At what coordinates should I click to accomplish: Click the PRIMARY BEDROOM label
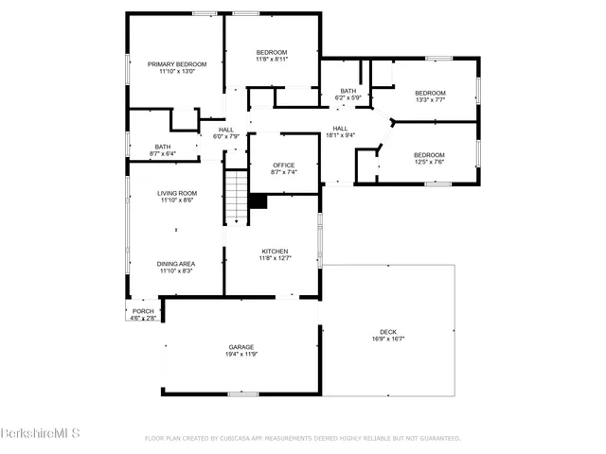pos(176,64)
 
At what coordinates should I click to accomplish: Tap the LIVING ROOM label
pos(176,193)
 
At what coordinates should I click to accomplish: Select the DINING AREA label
pos(176,264)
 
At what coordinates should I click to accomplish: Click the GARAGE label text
pos(241,347)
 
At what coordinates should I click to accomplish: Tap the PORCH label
pos(143,311)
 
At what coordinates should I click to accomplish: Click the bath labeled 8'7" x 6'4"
pos(163,150)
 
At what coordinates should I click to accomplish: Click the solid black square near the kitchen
pos(258,201)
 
